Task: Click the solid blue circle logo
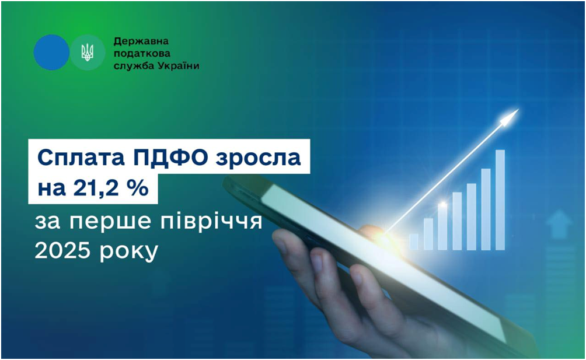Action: pos(51,53)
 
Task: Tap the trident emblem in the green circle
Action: pos(87,53)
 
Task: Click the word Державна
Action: pos(141,41)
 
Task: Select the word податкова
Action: pos(142,54)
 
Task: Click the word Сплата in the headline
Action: pos(81,157)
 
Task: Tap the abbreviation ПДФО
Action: pos(170,156)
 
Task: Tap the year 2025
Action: pos(63,250)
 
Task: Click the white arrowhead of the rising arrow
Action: pos(511,117)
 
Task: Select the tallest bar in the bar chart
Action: pos(500,200)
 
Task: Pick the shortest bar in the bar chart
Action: pos(414,242)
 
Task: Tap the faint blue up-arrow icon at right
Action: pos(559,223)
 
